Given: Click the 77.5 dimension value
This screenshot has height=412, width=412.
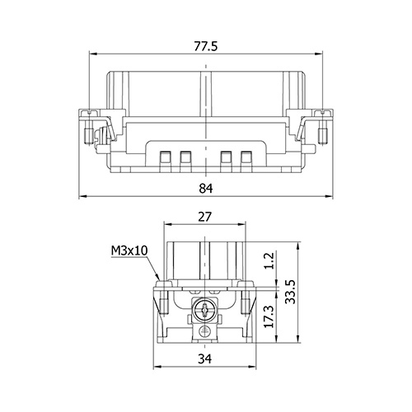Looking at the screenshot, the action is click(x=206, y=46).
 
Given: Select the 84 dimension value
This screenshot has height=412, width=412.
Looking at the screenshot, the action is click(x=206, y=189).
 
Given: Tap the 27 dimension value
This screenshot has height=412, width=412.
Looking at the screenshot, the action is click(x=205, y=217).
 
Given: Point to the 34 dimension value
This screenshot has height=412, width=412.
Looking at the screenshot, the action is click(x=205, y=359).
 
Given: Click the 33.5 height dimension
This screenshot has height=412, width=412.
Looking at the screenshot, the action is click(x=290, y=292).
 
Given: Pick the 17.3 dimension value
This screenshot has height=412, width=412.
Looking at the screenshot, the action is click(x=269, y=316).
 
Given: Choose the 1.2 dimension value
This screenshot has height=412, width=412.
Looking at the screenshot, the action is click(x=269, y=261).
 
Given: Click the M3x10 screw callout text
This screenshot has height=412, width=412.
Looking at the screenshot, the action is click(x=129, y=250).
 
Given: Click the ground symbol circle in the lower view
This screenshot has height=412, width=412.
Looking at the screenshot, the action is click(x=205, y=332).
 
